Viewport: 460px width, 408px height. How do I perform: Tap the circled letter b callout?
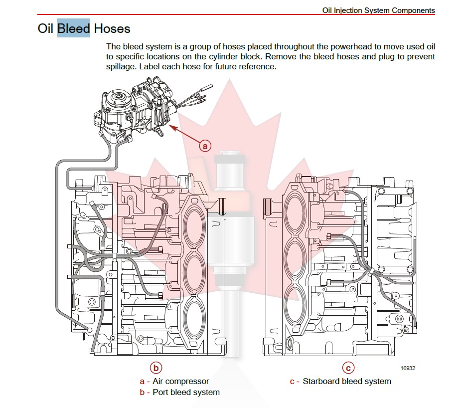(156, 368)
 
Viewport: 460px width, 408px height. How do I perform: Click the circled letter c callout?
(348, 368)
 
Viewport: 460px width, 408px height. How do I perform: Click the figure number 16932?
(408, 368)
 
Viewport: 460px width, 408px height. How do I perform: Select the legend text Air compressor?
(180, 382)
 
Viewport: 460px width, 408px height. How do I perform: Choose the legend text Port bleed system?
(186, 392)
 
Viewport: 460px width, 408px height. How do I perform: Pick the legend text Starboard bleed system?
(347, 382)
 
